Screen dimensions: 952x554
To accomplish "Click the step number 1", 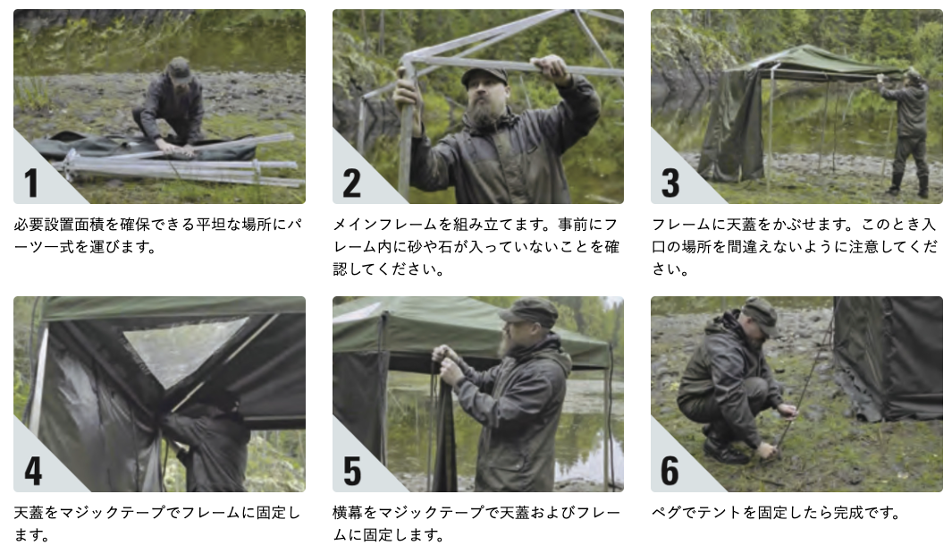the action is pyautogui.click(x=31, y=183).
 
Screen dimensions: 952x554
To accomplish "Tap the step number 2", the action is pyautogui.click(x=351, y=183).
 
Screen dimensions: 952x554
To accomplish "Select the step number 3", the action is pyautogui.click(x=670, y=183).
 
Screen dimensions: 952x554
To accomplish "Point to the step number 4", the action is pyautogui.click(x=33, y=471).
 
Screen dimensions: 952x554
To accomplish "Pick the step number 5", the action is pyautogui.click(x=352, y=471).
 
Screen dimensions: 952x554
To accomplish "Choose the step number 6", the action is pyautogui.click(x=670, y=471).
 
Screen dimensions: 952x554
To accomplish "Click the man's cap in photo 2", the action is pyautogui.click(x=484, y=74).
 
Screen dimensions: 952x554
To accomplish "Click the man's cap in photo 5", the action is pyautogui.click(x=528, y=311).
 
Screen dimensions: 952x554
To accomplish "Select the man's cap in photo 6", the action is pyautogui.click(x=760, y=315).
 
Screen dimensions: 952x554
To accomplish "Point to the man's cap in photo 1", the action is pyautogui.click(x=179, y=69).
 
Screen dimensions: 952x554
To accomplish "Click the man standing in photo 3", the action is pyautogui.click(x=906, y=132).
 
